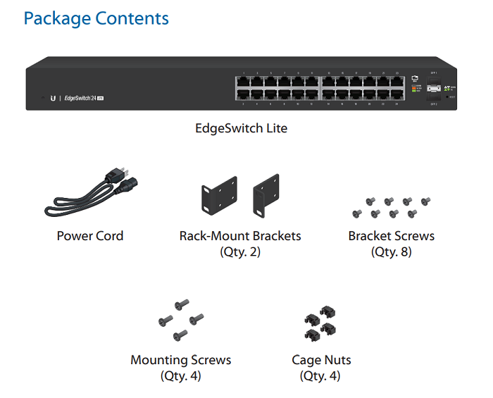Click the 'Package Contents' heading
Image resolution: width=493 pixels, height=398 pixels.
96,18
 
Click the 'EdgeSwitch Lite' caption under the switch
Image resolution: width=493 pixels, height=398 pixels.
241,128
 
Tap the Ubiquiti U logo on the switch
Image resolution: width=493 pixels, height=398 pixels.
53,98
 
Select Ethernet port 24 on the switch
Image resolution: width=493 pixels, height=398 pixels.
397,94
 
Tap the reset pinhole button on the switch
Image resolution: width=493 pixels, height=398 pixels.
447,97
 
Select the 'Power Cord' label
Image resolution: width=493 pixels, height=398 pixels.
90,236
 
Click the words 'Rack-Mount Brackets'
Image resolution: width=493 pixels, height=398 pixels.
240,236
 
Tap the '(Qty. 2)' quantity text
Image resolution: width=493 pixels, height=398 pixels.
240,251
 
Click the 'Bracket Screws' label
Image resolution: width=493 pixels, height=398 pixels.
392,236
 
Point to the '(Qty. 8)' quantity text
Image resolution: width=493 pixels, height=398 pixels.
392,251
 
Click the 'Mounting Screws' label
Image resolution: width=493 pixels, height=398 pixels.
181,360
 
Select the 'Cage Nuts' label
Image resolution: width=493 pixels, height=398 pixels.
321,360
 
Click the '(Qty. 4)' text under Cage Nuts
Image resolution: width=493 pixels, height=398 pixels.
320,375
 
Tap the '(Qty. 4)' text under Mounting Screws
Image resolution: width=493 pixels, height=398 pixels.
181,375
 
